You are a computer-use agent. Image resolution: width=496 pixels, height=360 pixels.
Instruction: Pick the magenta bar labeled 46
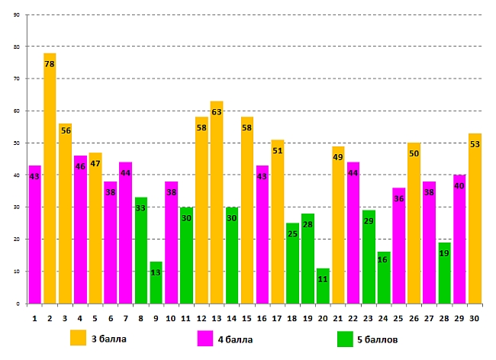pos(80,230)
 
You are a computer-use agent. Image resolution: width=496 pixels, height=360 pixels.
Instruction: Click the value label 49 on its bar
pos(338,158)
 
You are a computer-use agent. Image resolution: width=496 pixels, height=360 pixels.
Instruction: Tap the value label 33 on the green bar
pos(140,209)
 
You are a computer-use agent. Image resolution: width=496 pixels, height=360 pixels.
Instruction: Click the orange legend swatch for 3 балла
pos(78,338)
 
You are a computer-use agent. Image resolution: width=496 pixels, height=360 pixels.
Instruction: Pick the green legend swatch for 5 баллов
pos(345,338)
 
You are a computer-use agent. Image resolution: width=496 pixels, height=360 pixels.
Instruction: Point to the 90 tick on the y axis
pos(17,14)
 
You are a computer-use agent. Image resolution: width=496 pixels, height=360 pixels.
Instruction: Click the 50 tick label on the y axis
pos(17,143)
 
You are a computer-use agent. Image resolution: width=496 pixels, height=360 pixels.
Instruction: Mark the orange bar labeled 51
pos(277,221)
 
